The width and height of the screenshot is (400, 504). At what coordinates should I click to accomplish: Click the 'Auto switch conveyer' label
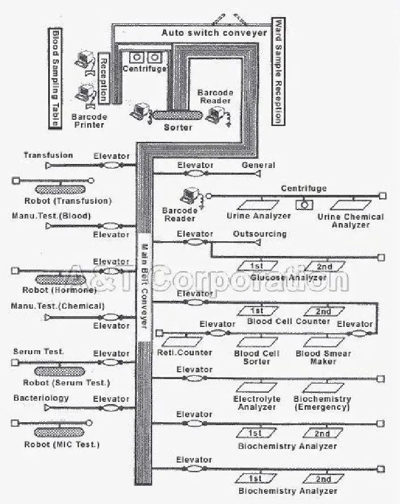click(214, 33)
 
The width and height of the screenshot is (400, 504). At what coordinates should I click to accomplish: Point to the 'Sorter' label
click(177, 127)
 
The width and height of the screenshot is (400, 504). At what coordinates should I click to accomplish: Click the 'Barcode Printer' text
click(89, 120)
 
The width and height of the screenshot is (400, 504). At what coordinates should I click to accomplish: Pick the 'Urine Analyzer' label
click(258, 216)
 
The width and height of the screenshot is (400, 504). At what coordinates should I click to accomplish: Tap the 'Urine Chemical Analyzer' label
click(350, 221)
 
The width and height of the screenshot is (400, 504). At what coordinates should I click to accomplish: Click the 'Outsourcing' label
click(259, 234)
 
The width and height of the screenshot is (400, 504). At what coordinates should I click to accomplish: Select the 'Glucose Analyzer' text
click(288, 278)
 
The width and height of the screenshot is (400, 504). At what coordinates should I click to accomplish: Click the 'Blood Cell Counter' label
click(288, 321)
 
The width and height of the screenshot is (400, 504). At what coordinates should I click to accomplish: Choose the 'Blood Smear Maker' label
click(323, 357)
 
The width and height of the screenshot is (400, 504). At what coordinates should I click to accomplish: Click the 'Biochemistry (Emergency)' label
click(322, 403)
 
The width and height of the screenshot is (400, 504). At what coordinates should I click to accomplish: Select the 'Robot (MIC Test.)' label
click(62, 444)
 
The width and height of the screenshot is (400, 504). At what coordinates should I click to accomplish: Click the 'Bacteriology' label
click(41, 398)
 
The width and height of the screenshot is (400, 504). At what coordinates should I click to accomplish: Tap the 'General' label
click(258, 165)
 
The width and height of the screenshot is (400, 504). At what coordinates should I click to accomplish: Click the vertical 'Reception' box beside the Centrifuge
click(103, 79)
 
